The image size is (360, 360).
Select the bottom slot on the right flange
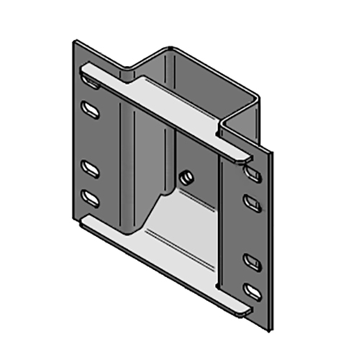pos(252,291)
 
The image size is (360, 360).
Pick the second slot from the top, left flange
pos(91,109)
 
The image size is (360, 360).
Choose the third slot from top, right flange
pos(252,260)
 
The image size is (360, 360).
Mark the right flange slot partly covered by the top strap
pos(253,173)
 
